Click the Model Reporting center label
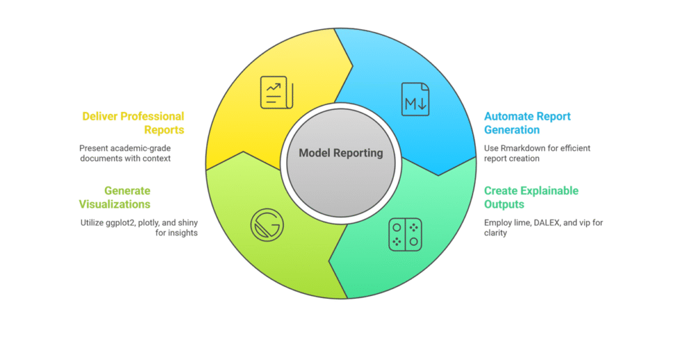click(340, 153)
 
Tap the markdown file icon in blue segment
click(415, 99)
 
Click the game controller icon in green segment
click(404, 235)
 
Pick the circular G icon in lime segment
click(267, 225)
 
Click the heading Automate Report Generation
click(527, 123)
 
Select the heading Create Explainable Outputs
click(531, 198)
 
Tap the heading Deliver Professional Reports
click(133, 123)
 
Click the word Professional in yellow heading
click(151, 116)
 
